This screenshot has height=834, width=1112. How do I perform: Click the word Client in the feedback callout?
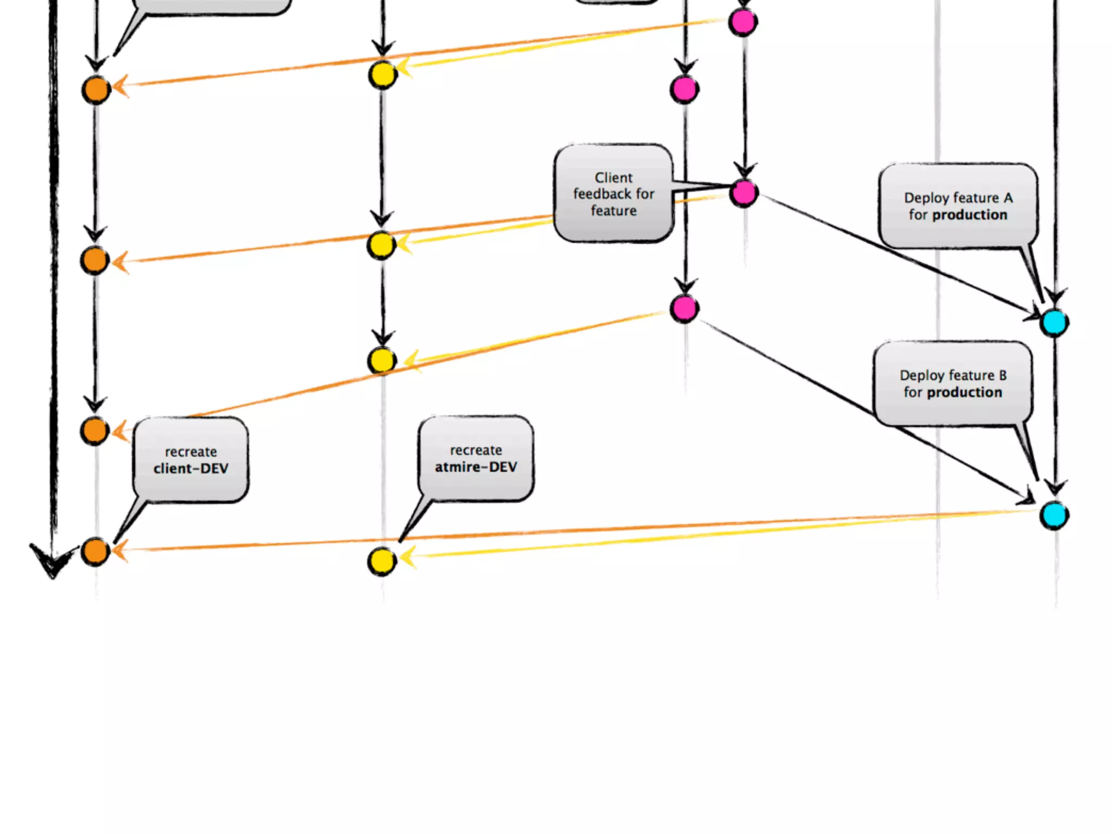[613, 178]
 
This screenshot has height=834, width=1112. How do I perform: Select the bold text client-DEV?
[191, 468]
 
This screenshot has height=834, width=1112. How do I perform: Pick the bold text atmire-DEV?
[476, 466]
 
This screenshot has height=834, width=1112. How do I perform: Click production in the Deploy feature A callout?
[969, 215]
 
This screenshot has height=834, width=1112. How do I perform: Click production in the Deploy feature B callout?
[964, 392]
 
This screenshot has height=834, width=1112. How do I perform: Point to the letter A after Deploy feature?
[1008, 198]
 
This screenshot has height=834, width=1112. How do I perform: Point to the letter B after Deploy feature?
[1002, 375]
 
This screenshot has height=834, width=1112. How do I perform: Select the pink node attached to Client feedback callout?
[743, 193]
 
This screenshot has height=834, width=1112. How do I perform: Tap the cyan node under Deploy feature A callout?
[1054, 323]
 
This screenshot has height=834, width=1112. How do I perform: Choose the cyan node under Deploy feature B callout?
[1054, 515]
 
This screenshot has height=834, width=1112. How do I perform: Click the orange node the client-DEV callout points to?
[96, 552]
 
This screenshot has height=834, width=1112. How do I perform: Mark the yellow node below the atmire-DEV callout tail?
[382, 561]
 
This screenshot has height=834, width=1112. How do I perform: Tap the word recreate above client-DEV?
[191, 452]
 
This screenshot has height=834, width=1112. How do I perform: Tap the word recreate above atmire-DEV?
[476, 450]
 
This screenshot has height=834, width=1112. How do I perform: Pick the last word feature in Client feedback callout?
[614, 211]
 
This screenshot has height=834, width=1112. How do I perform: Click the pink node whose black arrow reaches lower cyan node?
[684, 308]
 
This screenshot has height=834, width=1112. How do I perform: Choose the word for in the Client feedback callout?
[645, 194]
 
